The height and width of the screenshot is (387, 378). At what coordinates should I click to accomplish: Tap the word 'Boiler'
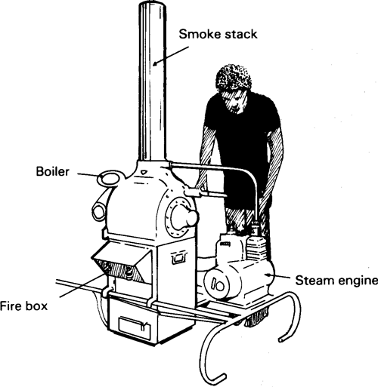coord(54,172)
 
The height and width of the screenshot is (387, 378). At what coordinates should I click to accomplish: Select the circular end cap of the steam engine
coord(218,285)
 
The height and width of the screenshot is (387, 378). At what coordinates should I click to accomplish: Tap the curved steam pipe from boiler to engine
coord(227,170)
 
